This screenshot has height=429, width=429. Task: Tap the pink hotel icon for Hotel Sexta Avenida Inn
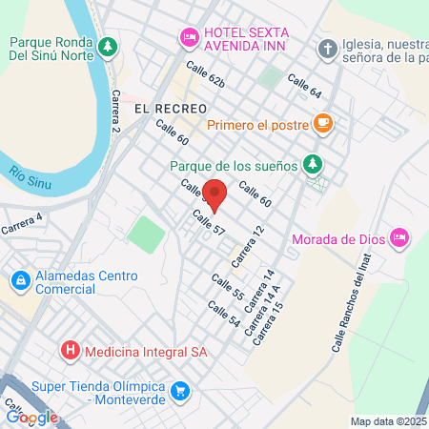point(189,37)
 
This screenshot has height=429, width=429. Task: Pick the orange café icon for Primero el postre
point(322,122)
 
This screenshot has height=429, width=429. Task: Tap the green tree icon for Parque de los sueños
point(312,164)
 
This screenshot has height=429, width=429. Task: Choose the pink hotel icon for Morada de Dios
point(399,237)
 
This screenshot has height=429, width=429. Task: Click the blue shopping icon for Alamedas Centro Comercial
point(19,280)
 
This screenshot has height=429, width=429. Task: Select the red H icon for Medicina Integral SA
point(70,351)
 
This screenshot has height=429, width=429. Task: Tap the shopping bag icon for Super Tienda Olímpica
point(178,391)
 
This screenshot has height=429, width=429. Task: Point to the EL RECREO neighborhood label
point(164,109)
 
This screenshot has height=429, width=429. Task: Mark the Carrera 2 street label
point(116,111)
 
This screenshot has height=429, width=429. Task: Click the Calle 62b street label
point(205,75)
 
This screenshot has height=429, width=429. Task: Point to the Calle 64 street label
point(302,87)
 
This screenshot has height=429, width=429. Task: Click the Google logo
point(31,417)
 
